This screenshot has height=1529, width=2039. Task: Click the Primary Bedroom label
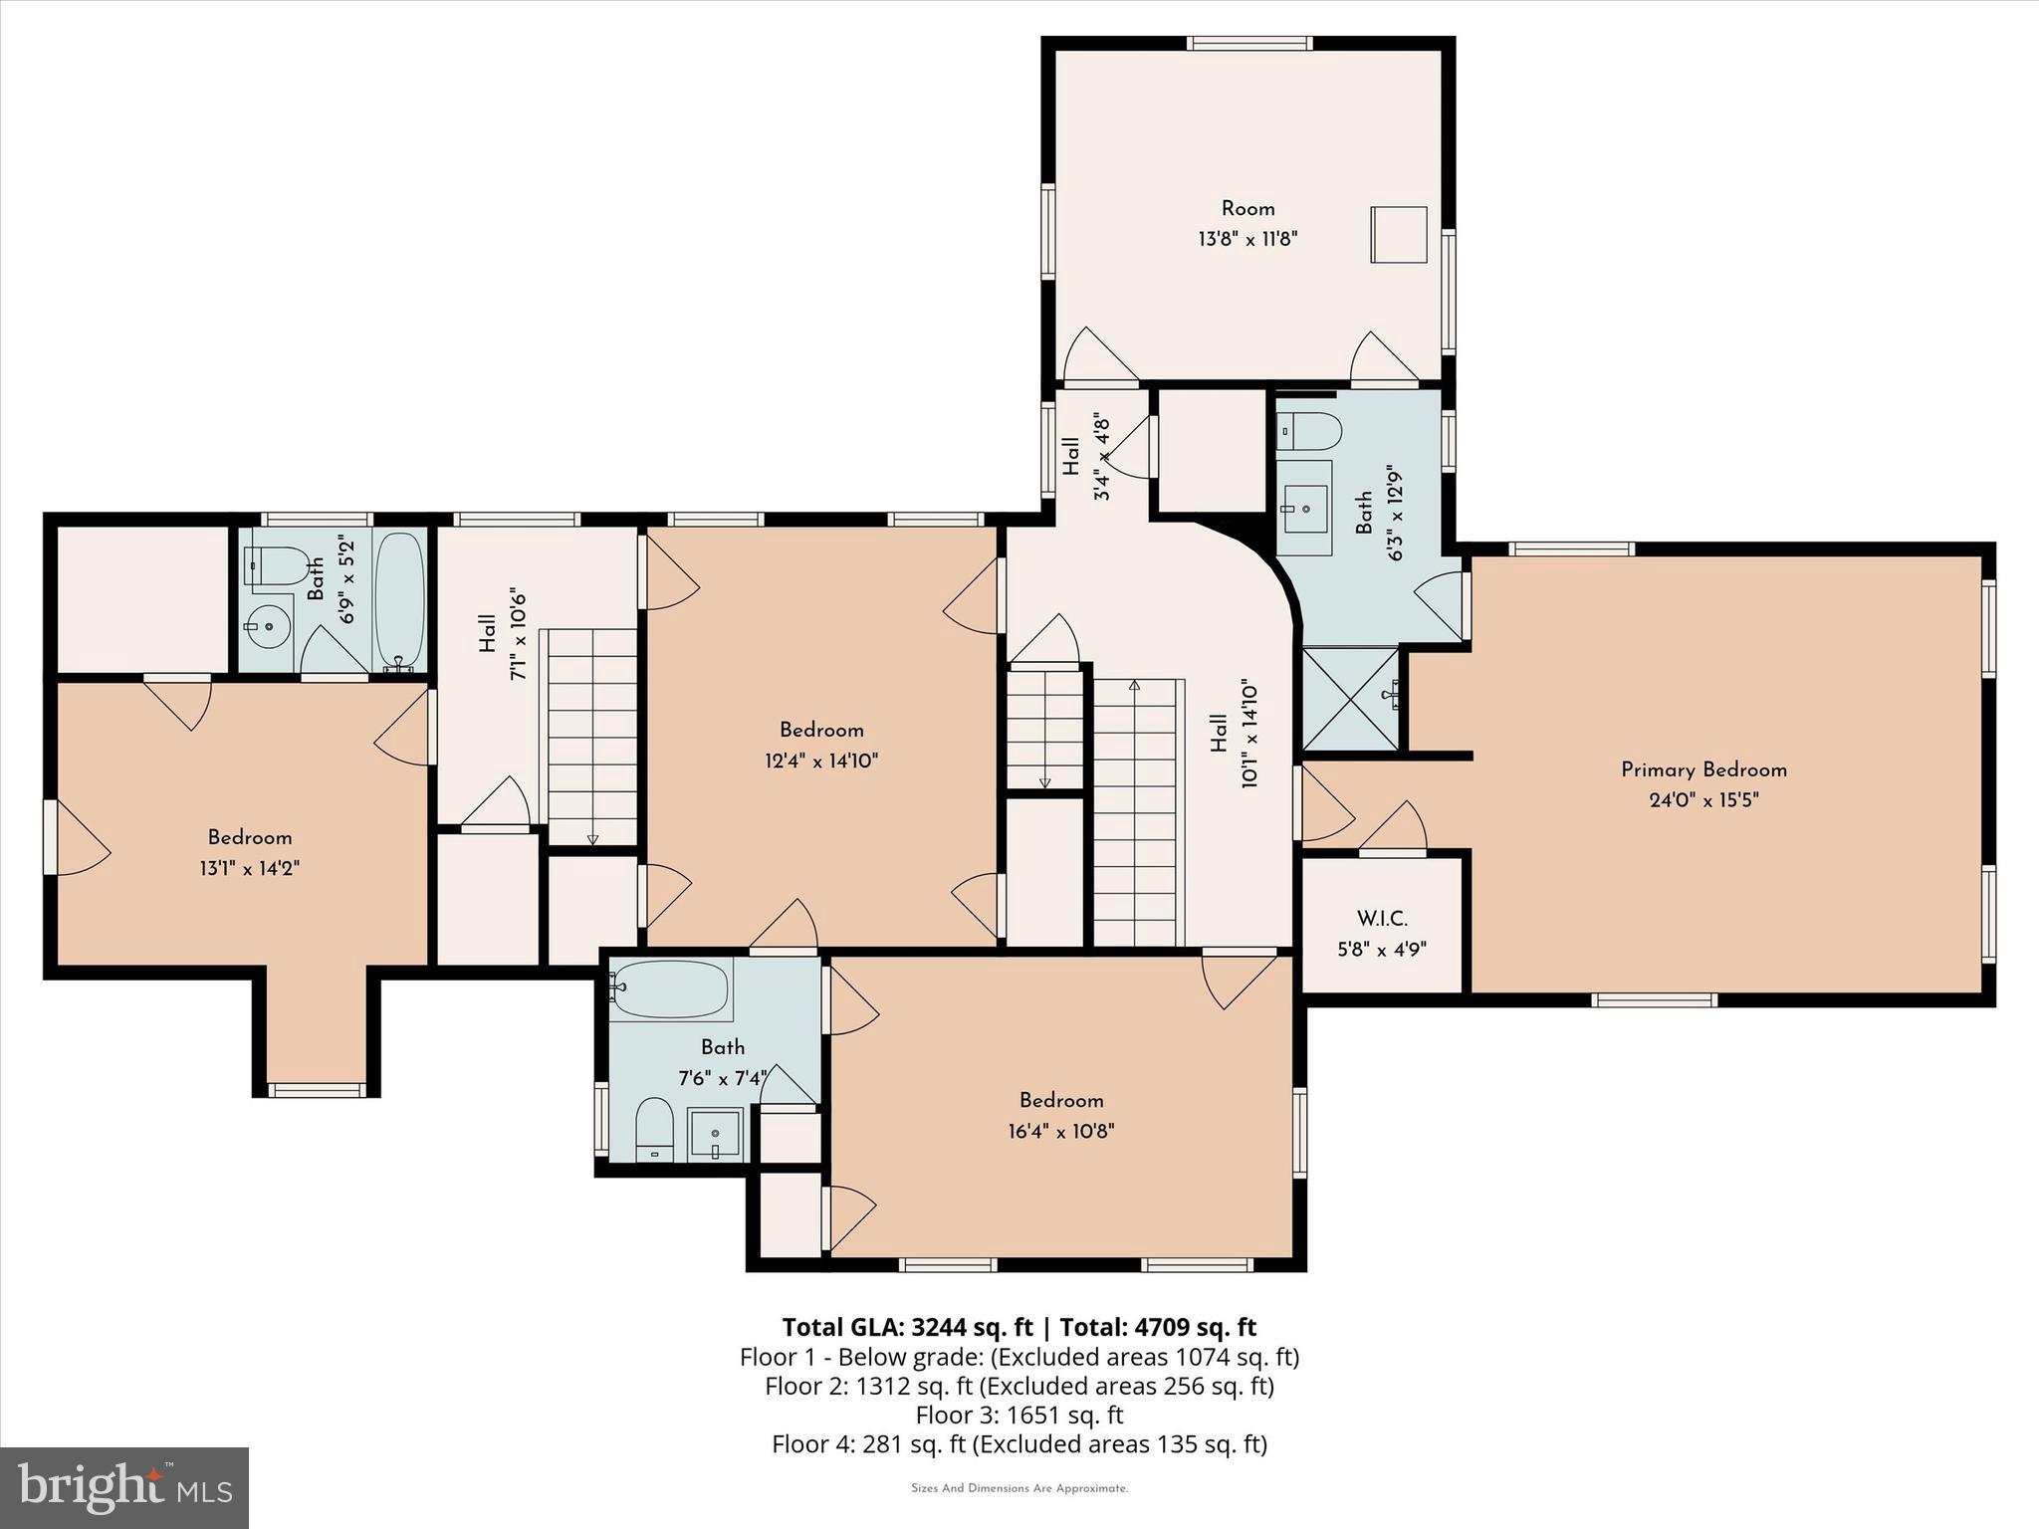pos(1703,769)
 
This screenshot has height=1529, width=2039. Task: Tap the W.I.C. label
pos(1382,919)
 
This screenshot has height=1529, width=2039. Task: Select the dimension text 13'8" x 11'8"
pos(1247,239)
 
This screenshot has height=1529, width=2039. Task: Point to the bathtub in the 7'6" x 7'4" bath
pos(669,988)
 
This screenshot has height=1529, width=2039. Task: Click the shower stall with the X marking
pos(1349,698)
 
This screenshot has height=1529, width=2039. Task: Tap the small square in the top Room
pos(1398,235)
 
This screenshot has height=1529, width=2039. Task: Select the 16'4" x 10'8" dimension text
pos(1060,1132)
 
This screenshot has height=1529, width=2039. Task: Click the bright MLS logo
pos(124,1488)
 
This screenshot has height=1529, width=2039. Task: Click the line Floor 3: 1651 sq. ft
pos(1019,1415)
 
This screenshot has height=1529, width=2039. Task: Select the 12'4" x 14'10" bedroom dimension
pos(821,762)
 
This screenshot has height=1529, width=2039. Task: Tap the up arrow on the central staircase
pos(1134,686)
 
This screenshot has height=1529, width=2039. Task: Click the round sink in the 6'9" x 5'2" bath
pos(265,627)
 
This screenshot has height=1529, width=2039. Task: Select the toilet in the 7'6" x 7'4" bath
pos(654,1130)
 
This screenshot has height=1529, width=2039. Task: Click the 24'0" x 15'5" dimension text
pos(1703,800)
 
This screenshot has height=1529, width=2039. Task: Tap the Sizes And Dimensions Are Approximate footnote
pos(1019,1489)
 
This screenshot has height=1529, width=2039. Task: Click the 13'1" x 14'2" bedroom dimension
pos(249,868)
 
